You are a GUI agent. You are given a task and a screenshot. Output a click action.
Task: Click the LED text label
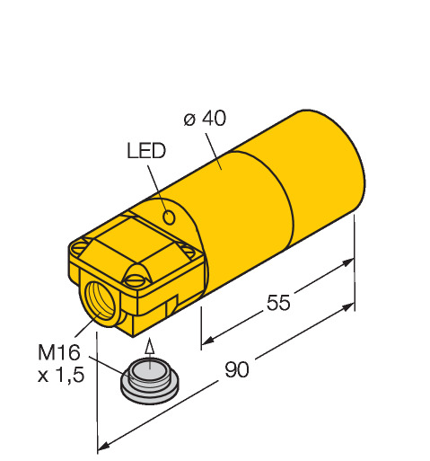[146, 151]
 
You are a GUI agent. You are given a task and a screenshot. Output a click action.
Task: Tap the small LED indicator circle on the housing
[169, 217]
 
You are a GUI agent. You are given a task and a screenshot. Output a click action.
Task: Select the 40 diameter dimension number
[214, 118]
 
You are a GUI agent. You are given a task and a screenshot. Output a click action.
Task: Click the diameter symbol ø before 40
[190, 120]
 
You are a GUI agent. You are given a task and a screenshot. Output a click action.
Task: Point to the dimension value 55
[278, 302]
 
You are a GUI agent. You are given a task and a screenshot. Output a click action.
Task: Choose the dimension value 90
[237, 369]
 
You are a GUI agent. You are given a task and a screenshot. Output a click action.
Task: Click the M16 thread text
[59, 352]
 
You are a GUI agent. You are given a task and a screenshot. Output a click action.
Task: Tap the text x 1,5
[61, 375]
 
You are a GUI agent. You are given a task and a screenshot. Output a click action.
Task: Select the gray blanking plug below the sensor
[150, 381]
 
